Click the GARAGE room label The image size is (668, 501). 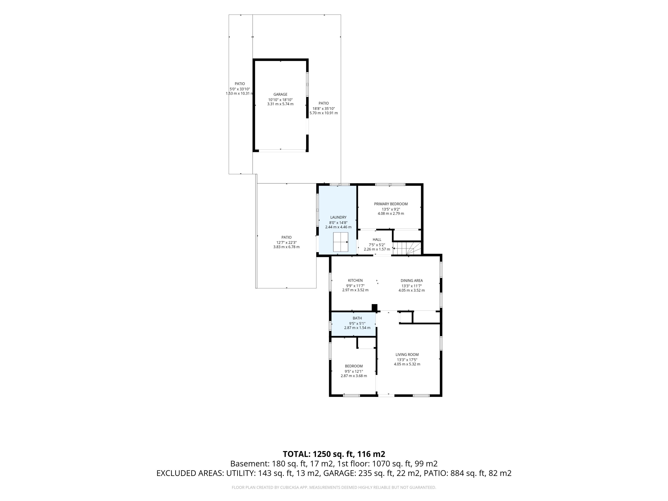pyautogui.click(x=280, y=94)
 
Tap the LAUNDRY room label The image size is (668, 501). pyautogui.click(x=338, y=217)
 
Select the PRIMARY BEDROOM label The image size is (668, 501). pyautogui.click(x=391, y=204)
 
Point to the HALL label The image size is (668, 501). pyautogui.click(x=377, y=240)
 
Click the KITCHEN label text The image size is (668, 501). pyautogui.click(x=355, y=281)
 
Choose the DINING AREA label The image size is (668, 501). pyautogui.click(x=412, y=281)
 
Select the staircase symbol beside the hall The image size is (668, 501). pyautogui.click(x=407, y=248)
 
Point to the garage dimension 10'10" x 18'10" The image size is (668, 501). pyautogui.click(x=280, y=100)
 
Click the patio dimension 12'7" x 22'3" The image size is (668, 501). pyautogui.click(x=287, y=242)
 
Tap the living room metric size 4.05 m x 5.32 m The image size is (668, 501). pyautogui.click(x=407, y=364)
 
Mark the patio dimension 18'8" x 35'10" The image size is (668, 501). pyautogui.click(x=324, y=108)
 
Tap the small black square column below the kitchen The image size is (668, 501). pyautogui.click(x=375, y=307)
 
